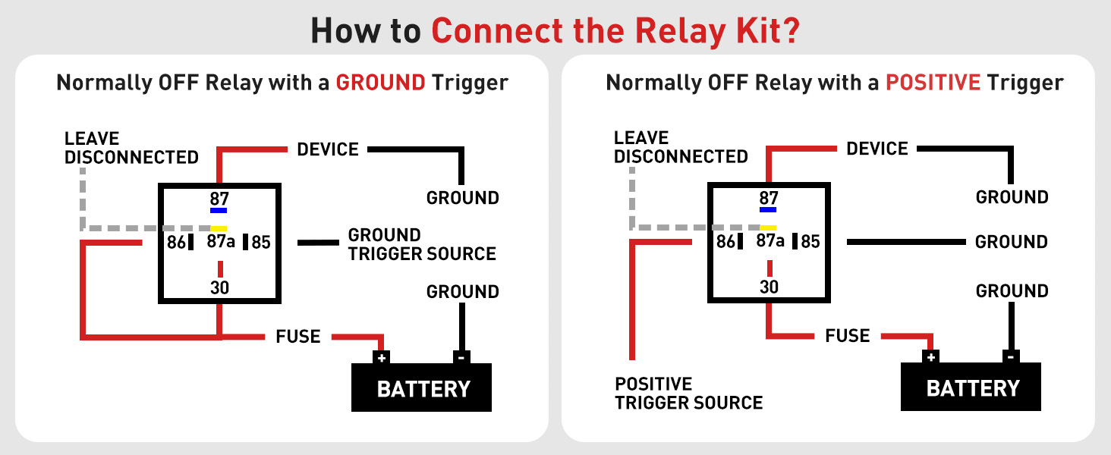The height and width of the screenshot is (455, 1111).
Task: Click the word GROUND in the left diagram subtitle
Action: pyautogui.click(x=380, y=82)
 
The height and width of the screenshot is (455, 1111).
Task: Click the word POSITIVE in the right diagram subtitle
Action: pyautogui.click(x=933, y=82)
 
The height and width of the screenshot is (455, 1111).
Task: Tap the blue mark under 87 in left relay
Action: pyautogui.click(x=219, y=210)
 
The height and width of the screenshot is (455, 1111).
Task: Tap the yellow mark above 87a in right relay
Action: pyautogui.click(x=768, y=227)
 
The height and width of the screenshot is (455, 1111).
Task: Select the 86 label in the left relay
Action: pyautogui.click(x=176, y=243)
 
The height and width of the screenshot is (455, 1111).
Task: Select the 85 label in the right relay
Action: pyautogui.click(x=810, y=242)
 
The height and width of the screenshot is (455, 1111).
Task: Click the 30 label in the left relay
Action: pyautogui.click(x=219, y=287)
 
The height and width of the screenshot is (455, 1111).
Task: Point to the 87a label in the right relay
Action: pyautogui.click(x=770, y=241)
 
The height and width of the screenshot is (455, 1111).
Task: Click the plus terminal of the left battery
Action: pyautogui.click(x=382, y=357)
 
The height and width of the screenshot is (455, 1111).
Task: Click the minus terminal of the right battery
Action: pyautogui.click(x=1010, y=356)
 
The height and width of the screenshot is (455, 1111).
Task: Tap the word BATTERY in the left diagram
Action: pyautogui.click(x=423, y=390)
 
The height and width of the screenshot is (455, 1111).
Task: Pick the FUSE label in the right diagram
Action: pyautogui.click(x=848, y=335)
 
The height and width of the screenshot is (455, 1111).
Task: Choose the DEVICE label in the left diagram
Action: pyautogui.click(x=328, y=149)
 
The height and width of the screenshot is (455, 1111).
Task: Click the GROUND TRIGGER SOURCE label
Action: pyautogui.click(x=422, y=244)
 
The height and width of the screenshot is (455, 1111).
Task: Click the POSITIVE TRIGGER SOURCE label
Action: pyautogui.click(x=688, y=393)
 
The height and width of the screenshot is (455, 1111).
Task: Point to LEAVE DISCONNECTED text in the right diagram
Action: pyautogui.click(x=681, y=147)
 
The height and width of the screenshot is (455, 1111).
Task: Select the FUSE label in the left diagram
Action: pyautogui.click(x=298, y=336)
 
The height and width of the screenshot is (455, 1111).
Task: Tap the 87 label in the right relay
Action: pyautogui.click(x=769, y=198)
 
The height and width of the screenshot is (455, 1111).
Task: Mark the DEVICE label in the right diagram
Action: pyautogui.click(x=877, y=149)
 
